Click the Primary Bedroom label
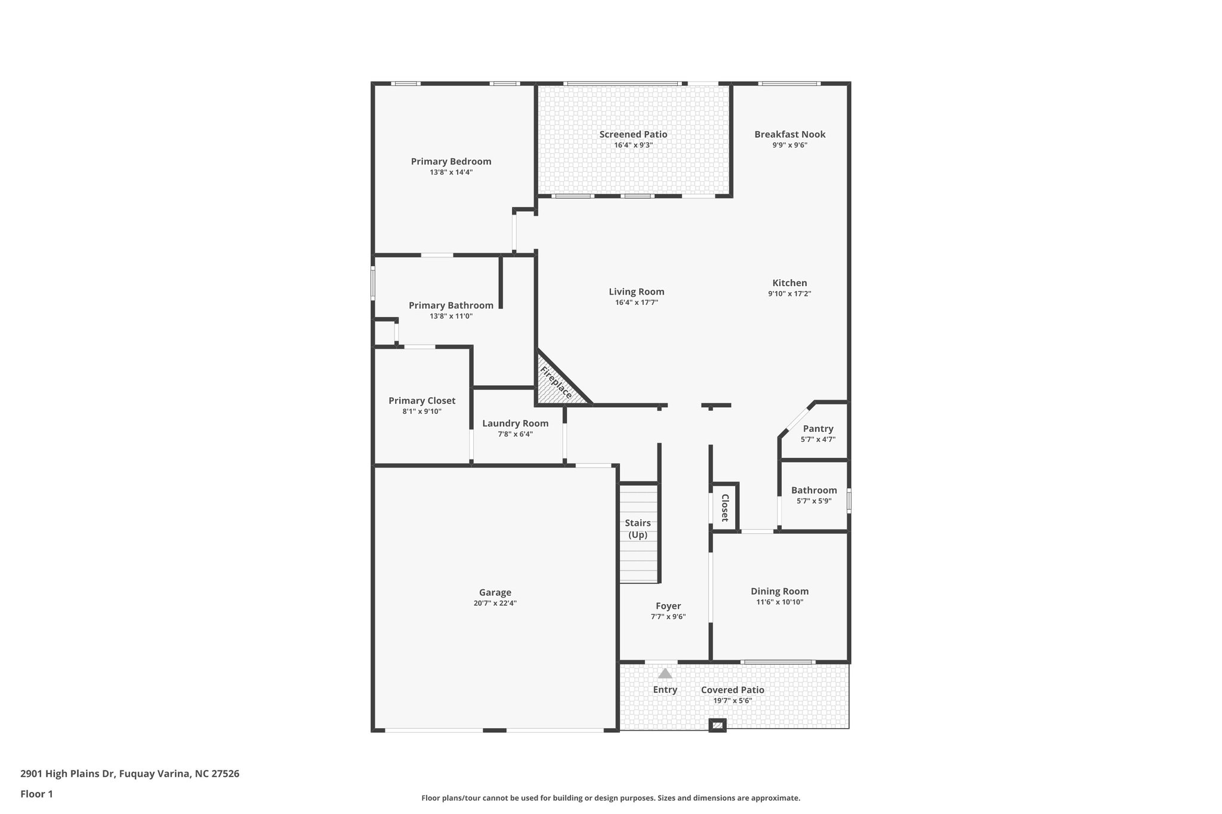point(451,162)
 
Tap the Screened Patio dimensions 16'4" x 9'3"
point(633,145)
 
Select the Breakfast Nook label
point(789,135)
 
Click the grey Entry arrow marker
point(665,674)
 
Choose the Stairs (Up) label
point(638,529)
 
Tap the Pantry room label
point(817,429)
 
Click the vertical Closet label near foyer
point(725,507)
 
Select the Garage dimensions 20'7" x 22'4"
point(495,603)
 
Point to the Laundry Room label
point(515,423)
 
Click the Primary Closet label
point(422,401)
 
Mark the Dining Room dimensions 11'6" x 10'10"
point(779,602)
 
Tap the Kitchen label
point(789,283)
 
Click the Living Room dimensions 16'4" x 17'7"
point(636,303)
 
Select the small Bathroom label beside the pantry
point(814,490)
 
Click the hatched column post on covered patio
point(717,725)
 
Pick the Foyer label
point(668,606)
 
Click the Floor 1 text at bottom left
point(36,794)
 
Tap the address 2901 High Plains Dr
point(129,774)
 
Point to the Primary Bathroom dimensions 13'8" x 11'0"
point(450,317)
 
